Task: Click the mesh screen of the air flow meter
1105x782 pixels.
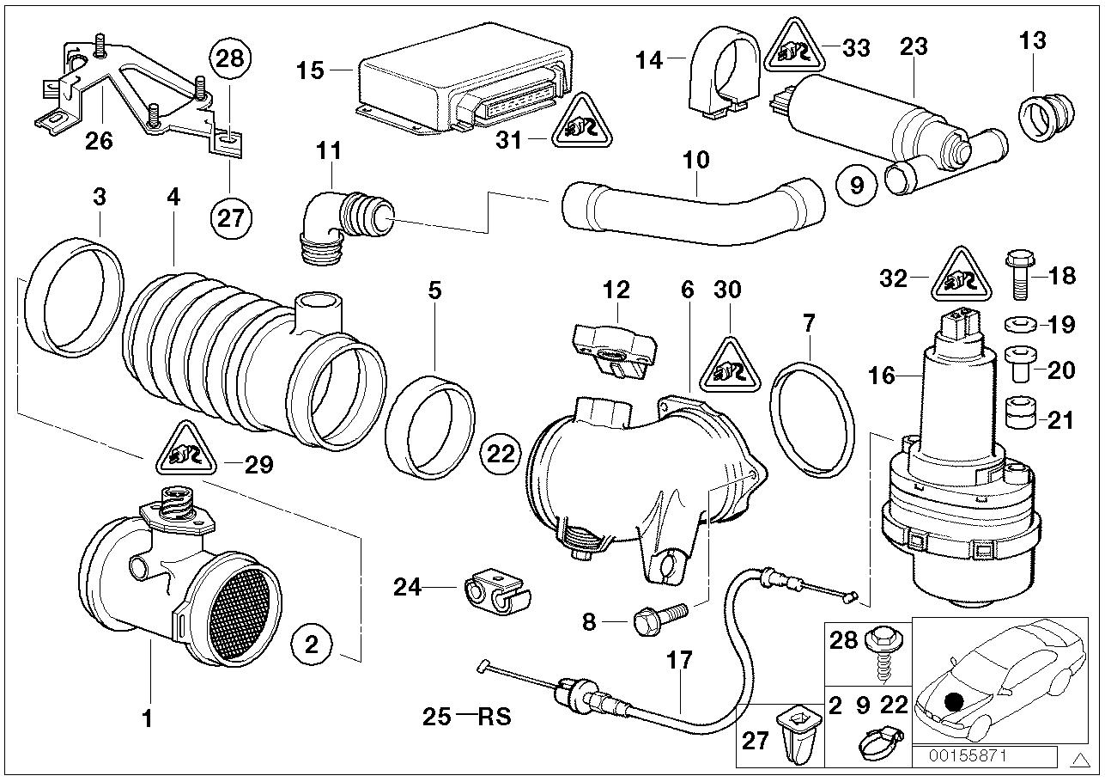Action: pos(247,618)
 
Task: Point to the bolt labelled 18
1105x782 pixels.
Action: pos(1018,275)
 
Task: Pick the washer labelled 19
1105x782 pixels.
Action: pos(1018,325)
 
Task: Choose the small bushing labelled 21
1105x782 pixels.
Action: pos(1018,417)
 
